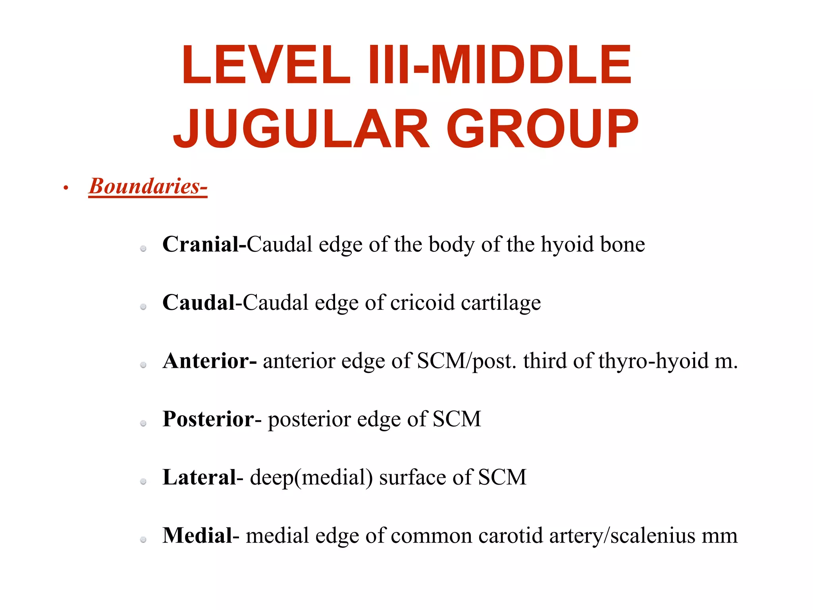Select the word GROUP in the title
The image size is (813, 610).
point(542,129)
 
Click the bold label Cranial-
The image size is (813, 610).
point(204,244)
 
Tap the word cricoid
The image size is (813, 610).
point(422,303)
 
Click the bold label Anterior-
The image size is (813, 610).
point(210,361)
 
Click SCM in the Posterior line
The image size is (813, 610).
point(457,419)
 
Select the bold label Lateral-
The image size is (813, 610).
point(203,477)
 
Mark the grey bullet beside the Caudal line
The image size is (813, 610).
point(143,307)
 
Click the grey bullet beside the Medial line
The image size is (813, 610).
point(143,539)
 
